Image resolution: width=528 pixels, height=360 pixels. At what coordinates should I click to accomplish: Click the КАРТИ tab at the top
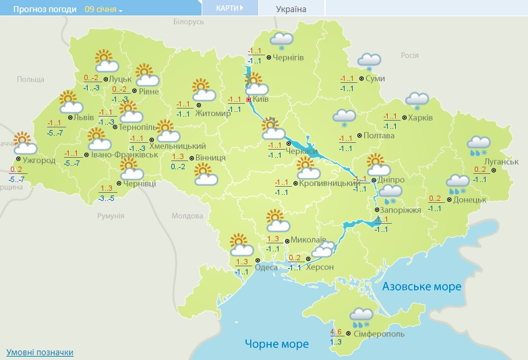(x=230, y=8)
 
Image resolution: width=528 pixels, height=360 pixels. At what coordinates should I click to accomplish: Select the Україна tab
(x=291, y=9)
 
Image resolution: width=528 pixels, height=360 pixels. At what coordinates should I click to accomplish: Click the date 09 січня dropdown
(x=104, y=9)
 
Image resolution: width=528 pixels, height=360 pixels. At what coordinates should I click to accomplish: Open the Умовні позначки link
(x=40, y=352)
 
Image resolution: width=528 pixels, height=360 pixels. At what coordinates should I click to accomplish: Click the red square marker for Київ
(x=249, y=99)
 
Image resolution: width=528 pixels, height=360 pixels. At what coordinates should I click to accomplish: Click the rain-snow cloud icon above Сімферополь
(x=362, y=316)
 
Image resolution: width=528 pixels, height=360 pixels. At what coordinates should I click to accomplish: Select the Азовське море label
(x=422, y=287)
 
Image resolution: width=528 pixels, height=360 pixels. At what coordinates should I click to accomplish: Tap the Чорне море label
(x=276, y=344)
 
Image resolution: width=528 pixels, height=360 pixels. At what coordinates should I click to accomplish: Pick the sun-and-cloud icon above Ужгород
(x=26, y=144)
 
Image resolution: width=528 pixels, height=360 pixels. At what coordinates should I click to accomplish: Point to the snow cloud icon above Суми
(x=369, y=62)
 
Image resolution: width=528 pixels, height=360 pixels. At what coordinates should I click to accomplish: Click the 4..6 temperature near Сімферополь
(x=336, y=332)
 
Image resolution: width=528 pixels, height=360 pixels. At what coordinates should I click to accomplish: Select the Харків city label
(x=421, y=117)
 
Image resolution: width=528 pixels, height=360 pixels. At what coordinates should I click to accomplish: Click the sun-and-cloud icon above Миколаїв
(x=277, y=221)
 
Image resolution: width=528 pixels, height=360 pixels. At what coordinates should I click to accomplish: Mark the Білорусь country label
(x=188, y=22)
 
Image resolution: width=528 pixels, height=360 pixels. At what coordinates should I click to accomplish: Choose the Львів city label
(x=84, y=117)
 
